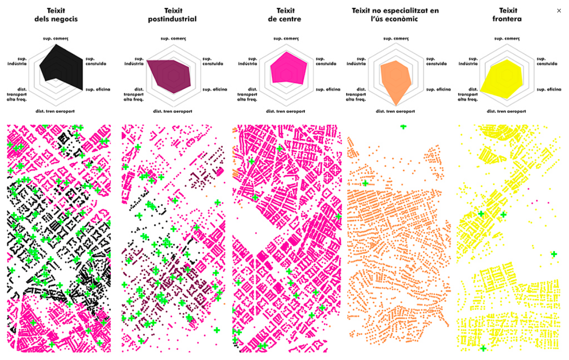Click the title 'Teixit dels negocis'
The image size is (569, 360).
pyautogui.click(x=56, y=15)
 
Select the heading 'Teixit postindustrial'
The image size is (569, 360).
pyautogui.click(x=172, y=15)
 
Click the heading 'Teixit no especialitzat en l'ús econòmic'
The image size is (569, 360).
pyautogui.click(x=395, y=15)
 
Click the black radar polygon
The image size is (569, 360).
pyautogui.click(x=63, y=66)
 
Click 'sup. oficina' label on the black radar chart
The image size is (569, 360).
pyautogui.click(x=98, y=89)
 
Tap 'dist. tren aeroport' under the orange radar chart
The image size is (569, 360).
pyautogui.click(x=395, y=111)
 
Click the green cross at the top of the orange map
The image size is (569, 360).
pyautogui.click(x=403, y=127)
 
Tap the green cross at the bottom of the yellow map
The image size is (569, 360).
pyautogui.click(x=483, y=348)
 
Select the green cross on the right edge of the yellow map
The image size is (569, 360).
pyautogui.click(x=553, y=253)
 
